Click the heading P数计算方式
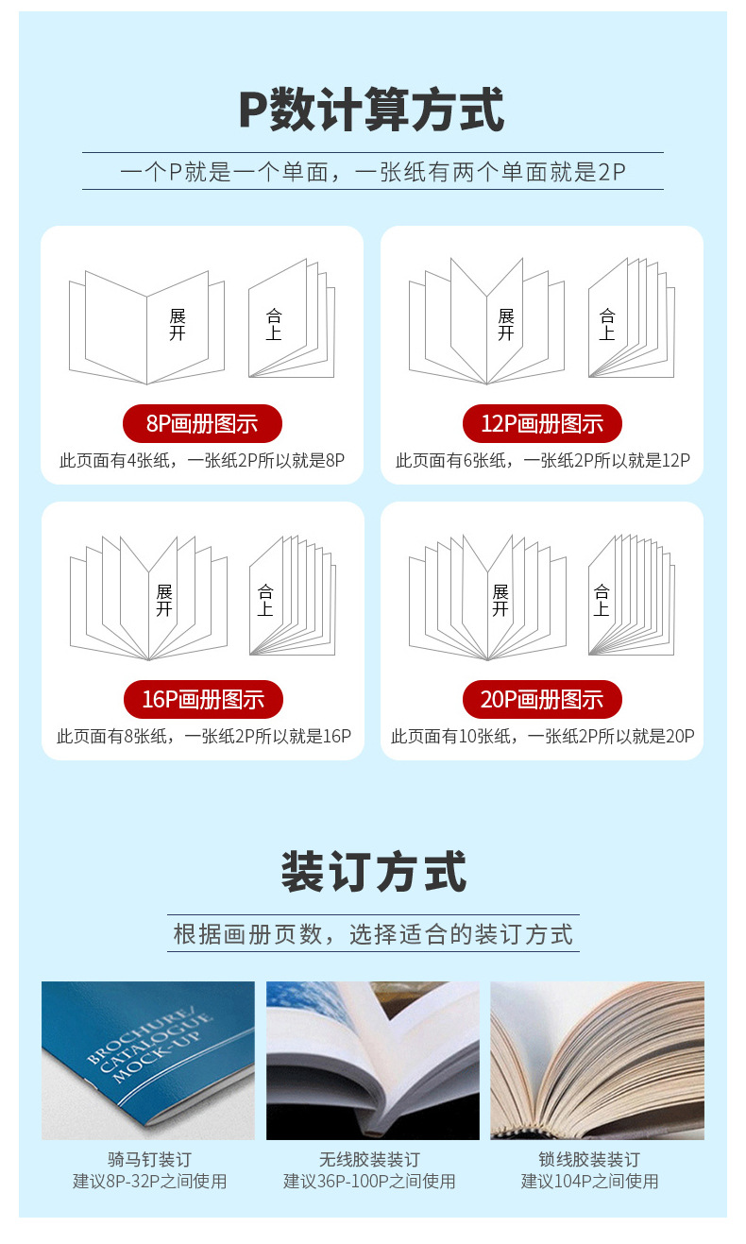coord(372,110)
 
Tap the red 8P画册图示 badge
coord(202,423)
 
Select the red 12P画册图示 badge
coord(542,423)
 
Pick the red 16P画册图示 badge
coord(203,699)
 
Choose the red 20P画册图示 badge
coord(542,699)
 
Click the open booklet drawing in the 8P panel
coord(146,327)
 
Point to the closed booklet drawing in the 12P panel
coord(631,319)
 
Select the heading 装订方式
coord(373,872)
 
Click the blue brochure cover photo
coord(148,1060)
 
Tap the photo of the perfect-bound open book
coord(372,1060)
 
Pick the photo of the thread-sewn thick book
coord(597,1060)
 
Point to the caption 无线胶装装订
coord(369,1159)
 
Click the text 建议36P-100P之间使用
coord(369,1181)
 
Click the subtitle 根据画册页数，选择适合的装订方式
coord(373,934)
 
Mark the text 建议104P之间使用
coord(589,1181)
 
